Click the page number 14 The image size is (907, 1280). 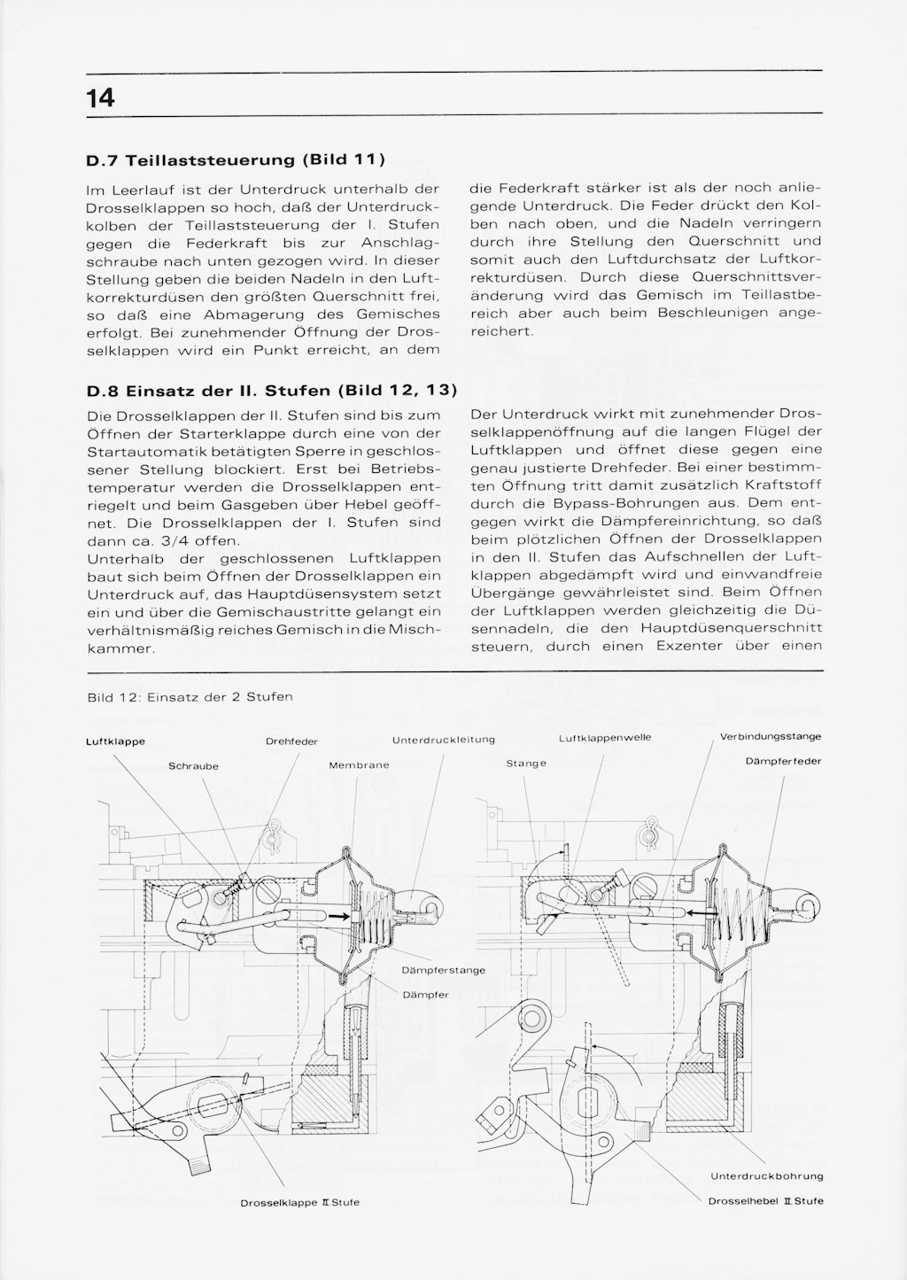101,97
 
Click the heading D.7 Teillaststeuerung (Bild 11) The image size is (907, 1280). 236,160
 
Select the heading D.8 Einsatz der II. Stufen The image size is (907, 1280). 271,389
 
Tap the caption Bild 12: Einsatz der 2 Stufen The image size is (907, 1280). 190,696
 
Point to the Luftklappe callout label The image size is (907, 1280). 115,741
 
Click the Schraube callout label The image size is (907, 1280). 193,765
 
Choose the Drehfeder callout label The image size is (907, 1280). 291,741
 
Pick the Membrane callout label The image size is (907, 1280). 359,765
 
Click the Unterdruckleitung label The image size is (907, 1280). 443,740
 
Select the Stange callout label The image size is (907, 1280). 526,763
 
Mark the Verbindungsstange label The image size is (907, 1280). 770,736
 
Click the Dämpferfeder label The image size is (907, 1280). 783,761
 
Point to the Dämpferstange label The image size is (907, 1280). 443,970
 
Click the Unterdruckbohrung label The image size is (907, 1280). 767,1176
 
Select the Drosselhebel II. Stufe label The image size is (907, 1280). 766,1201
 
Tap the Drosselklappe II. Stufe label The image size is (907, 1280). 299,1203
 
